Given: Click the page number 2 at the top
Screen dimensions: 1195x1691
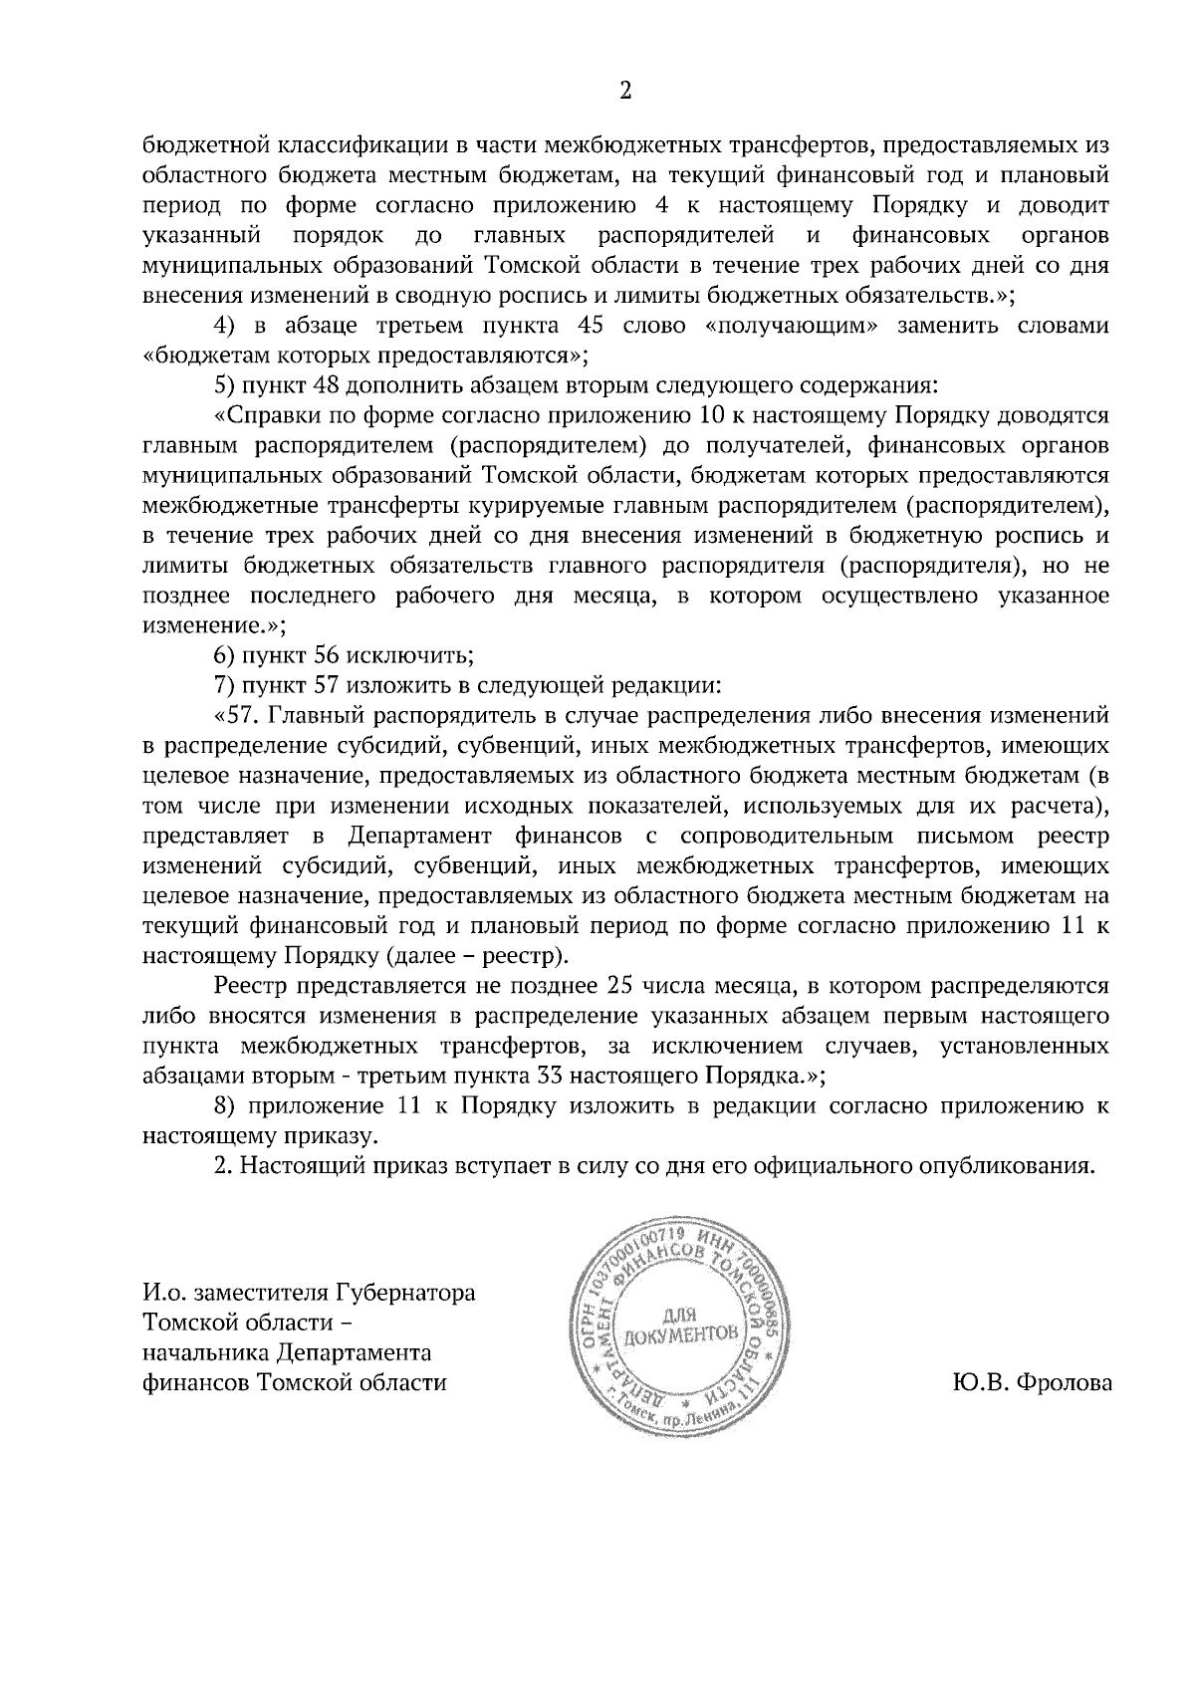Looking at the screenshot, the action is pyautogui.click(x=625, y=92).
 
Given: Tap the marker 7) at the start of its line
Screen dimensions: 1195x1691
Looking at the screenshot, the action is pyautogui.click(x=225, y=685).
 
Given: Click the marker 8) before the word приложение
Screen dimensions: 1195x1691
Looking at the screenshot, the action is pyautogui.click(x=225, y=1105).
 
